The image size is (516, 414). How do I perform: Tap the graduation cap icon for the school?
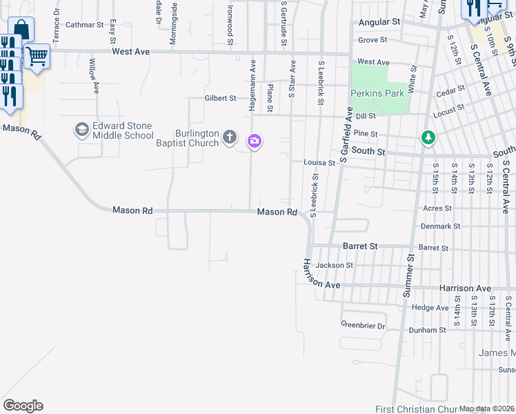(x=81, y=130)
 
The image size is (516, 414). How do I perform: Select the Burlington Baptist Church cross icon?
(x=230, y=139)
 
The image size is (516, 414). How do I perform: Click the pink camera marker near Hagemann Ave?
(x=255, y=141)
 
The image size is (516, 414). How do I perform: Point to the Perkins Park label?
(x=377, y=93)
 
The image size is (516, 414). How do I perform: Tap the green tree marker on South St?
(x=428, y=138)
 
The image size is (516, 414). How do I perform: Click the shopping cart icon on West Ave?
(x=37, y=56)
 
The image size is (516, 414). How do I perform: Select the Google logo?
(x=23, y=405)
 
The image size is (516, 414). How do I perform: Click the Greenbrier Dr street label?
(x=362, y=325)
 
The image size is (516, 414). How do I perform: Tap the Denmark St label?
(x=441, y=226)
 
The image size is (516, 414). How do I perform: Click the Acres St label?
(x=437, y=208)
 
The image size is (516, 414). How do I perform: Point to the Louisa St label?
(x=319, y=164)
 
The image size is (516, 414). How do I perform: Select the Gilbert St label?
(x=220, y=99)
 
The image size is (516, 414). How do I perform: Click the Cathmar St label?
(x=83, y=25)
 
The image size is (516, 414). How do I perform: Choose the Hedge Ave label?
(x=430, y=308)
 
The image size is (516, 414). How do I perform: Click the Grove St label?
(x=373, y=41)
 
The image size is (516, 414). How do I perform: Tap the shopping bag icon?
(x=21, y=30)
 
